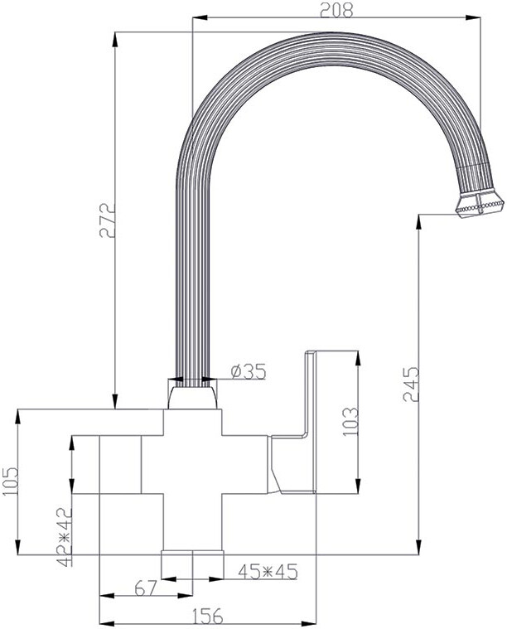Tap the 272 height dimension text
click(107, 220)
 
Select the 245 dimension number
click(411, 384)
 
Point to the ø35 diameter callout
click(249, 372)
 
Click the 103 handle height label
click(350, 422)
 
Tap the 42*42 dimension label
click(64, 537)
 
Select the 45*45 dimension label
click(268, 572)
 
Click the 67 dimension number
click(145, 588)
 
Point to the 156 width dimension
click(207, 616)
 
